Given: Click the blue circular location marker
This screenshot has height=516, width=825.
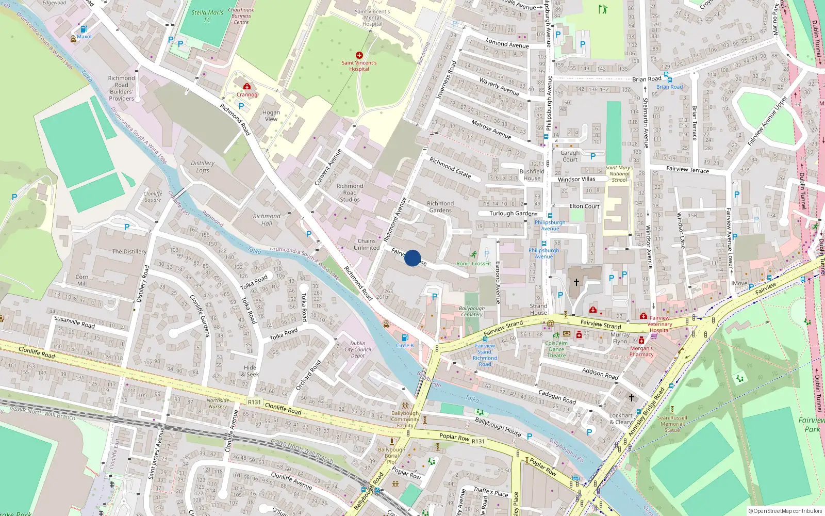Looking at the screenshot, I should click(412, 258).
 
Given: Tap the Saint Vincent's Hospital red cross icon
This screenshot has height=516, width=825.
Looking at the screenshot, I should click(359, 55).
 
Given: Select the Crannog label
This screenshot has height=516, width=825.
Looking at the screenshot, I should click(246, 94).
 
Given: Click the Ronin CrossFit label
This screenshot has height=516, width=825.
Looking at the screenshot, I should click(473, 264).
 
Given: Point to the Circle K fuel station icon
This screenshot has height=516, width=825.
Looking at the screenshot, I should click(405, 338).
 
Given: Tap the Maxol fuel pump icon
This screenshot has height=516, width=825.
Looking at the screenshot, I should click(84, 29).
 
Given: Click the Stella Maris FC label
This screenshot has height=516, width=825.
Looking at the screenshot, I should click(207, 16).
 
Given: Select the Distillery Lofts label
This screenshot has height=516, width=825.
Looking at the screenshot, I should click(203, 166).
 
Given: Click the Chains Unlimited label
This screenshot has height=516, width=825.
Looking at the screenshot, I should click(367, 244).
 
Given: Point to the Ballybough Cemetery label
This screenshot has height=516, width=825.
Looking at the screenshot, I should click(472, 311).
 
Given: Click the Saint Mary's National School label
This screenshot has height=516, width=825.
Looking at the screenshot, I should click(619, 173).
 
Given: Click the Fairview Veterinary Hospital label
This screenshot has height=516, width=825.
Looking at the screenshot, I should click(659, 324).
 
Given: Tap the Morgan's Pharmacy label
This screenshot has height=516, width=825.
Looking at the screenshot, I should click(641, 351).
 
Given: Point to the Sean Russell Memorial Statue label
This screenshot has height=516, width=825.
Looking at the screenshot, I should click(672, 424).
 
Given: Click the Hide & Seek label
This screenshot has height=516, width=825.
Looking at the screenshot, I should click(250, 371).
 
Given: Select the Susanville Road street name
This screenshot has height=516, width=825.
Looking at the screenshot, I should click(74, 322).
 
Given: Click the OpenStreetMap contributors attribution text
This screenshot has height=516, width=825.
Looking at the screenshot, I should click(785, 511).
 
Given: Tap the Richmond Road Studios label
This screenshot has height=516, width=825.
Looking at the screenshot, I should click(350, 192).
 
